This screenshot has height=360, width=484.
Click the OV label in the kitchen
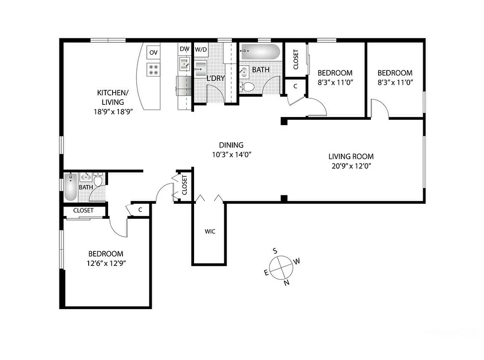click(x=154, y=53)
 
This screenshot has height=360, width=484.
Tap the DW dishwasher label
click(x=184, y=49)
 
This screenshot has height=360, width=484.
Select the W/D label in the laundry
click(x=200, y=49)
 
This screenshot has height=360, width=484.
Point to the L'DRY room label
click(x=215, y=78)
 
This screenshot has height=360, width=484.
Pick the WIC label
click(x=210, y=232)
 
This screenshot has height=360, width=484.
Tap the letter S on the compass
click(x=275, y=251)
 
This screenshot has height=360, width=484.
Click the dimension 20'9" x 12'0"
click(x=351, y=166)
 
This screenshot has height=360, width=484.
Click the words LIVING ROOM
click(x=351, y=157)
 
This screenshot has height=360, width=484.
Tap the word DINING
click(x=231, y=145)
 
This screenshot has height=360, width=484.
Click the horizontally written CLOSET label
click(x=83, y=210)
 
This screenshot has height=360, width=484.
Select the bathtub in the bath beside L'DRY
click(x=260, y=52)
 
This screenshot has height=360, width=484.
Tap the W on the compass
click(x=297, y=261)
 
